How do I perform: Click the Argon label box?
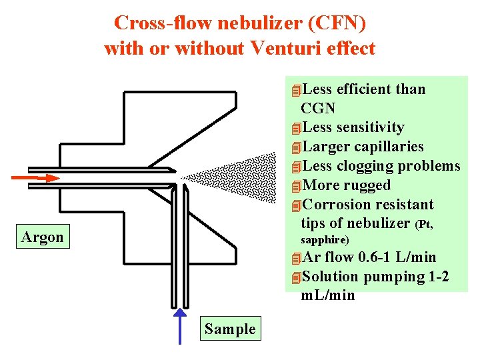[x=43, y=237]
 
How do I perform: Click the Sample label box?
[x=230, y=329]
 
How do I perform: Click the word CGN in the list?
[x=318, y=108]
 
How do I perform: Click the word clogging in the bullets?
[x=369, y=166]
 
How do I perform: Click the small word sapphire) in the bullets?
[x=325, y=239]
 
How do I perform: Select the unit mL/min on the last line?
[x=328, y=295]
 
